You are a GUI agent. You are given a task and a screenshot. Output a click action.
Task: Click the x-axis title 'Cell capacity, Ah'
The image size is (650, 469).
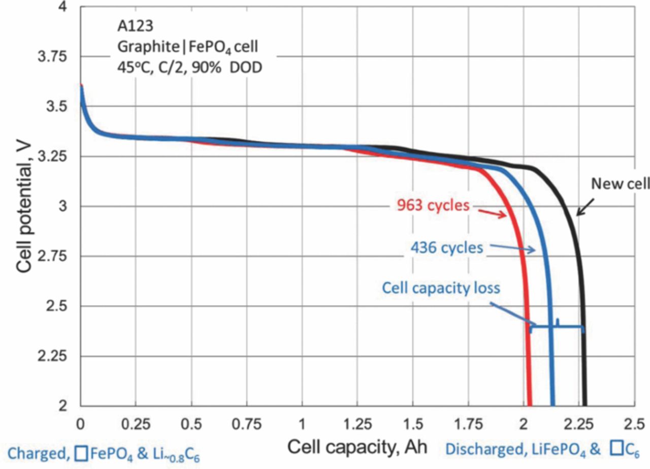coord(357,448)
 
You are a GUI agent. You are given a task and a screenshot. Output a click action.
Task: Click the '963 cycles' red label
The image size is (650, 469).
coord(432,206)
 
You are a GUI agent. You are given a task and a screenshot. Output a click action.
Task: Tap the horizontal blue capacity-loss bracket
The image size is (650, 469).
coord(557,326)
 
